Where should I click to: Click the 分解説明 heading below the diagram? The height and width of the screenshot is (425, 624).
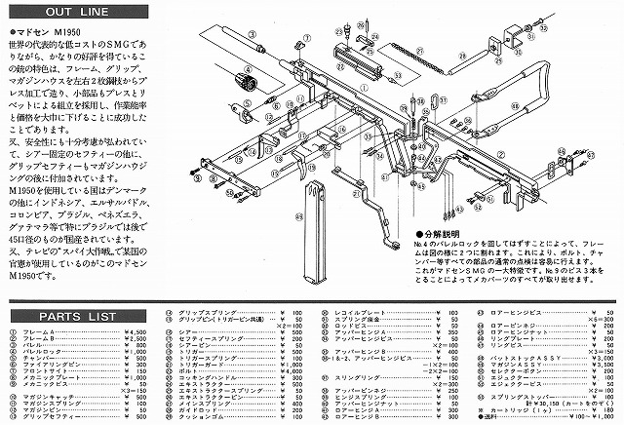439,236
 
